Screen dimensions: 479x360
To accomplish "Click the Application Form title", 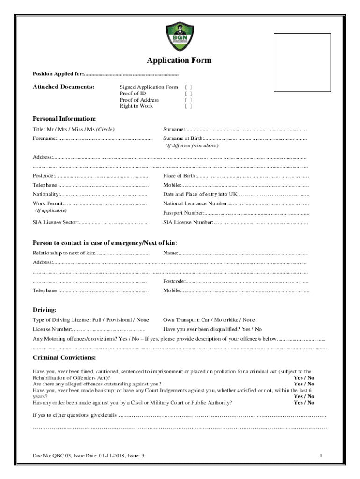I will (179, 60).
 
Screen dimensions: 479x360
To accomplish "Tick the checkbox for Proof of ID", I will (188, 94).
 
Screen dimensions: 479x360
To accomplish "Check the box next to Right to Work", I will (188, 106).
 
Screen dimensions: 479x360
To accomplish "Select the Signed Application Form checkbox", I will (188, 87).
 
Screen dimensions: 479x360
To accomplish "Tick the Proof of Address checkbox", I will (188, 100).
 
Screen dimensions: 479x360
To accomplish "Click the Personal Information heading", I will (64, 119).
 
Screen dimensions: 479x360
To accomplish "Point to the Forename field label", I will (44, 138).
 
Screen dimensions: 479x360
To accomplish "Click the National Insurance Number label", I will (195, 203).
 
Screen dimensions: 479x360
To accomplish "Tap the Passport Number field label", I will (183, 213).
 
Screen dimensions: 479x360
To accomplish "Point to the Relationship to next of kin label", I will (63, 253).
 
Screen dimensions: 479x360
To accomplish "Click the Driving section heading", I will (44, 310).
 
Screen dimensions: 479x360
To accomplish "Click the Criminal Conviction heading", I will (64, 358).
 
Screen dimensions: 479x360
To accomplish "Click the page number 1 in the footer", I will (321, 456).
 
